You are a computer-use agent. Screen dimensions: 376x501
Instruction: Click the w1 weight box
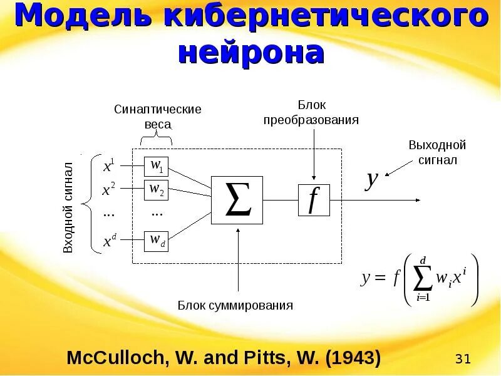(157, 166)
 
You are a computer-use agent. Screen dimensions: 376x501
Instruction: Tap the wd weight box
(157, 241)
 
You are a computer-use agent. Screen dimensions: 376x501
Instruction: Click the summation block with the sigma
(237, 200)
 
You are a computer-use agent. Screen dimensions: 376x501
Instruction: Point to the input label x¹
(108, 167)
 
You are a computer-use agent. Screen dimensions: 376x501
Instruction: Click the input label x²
(108, 189)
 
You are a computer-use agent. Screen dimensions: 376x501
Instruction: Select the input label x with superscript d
(109, 241)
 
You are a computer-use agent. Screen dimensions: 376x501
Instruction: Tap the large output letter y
(372, 180)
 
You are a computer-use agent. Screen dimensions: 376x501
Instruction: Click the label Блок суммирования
(235, 306)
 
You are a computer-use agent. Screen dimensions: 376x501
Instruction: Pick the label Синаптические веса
(157, 117)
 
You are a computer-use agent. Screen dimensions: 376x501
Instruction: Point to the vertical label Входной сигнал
(69, 207)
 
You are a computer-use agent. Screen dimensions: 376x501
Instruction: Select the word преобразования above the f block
(311, 120)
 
